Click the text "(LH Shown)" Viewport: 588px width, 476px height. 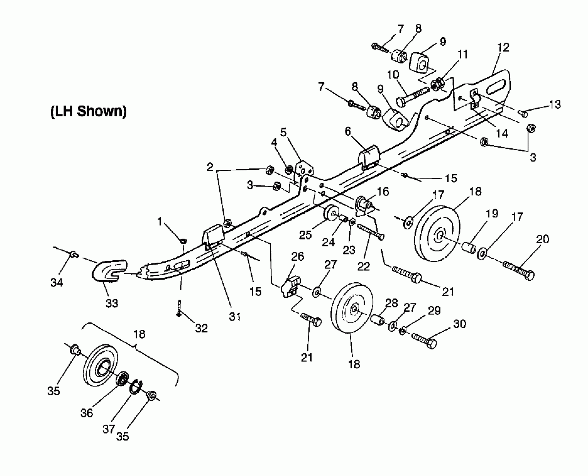(x=88, y=111)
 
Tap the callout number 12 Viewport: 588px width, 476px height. (x=503, y=47)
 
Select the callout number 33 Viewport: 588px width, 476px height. (x=112, y=303)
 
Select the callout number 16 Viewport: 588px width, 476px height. (x=383, y=192)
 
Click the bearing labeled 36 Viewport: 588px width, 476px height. (x=122, y=379)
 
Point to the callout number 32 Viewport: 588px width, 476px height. (x=202, y=328)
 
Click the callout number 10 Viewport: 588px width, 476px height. (x=393, y=75)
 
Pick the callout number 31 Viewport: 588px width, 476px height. (x=235, y=316)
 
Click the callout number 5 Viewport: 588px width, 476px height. (x=283, y=132)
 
